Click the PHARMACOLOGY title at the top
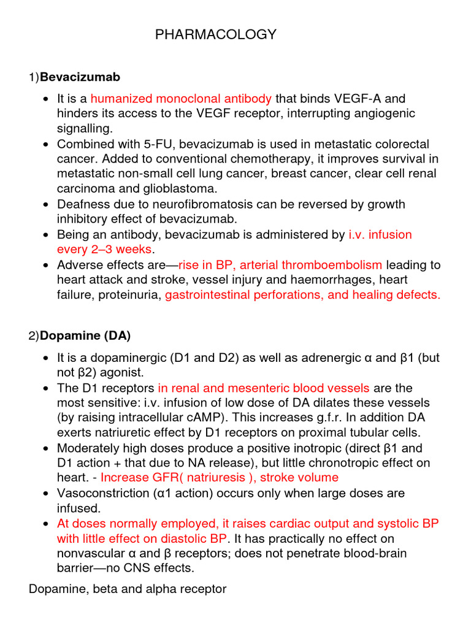[x=216, y=35]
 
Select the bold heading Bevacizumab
[x=80, y=77]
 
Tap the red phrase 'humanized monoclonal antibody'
[x=181, y=98]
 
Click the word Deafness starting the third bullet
[x=80, y=204]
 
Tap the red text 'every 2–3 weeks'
[x=104, y=249]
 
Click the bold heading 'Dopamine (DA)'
[x=85, y=336]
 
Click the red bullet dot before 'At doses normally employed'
[x=47, y=524]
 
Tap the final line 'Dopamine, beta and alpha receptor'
[x=128, y=589]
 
